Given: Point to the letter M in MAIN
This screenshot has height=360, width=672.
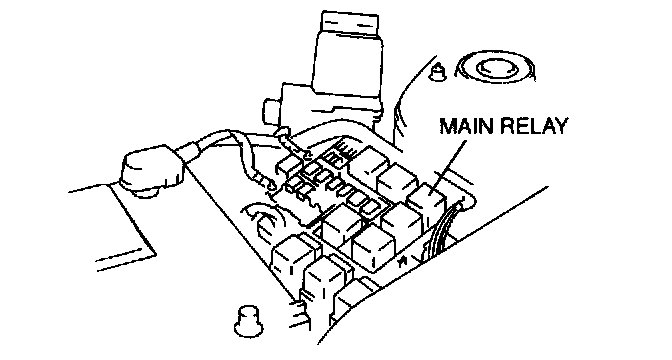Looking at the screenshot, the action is point(448,126).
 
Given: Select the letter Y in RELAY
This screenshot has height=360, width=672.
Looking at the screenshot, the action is point(560,126).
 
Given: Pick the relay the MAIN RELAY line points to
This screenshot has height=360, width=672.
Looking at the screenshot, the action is point(426,204).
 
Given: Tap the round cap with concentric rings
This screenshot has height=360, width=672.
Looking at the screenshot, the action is point(496,69).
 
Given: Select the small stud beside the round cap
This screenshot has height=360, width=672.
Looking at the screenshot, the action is point(438,72).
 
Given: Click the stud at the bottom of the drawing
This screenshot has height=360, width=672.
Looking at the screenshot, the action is point(249,321).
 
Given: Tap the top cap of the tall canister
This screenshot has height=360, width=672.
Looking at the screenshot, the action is point(350,25).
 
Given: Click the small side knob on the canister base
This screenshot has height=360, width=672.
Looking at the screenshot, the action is point(272,111).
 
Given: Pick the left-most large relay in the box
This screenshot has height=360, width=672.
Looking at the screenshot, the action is point(293,257).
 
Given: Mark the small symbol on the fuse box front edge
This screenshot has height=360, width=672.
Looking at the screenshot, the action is point(402,261).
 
